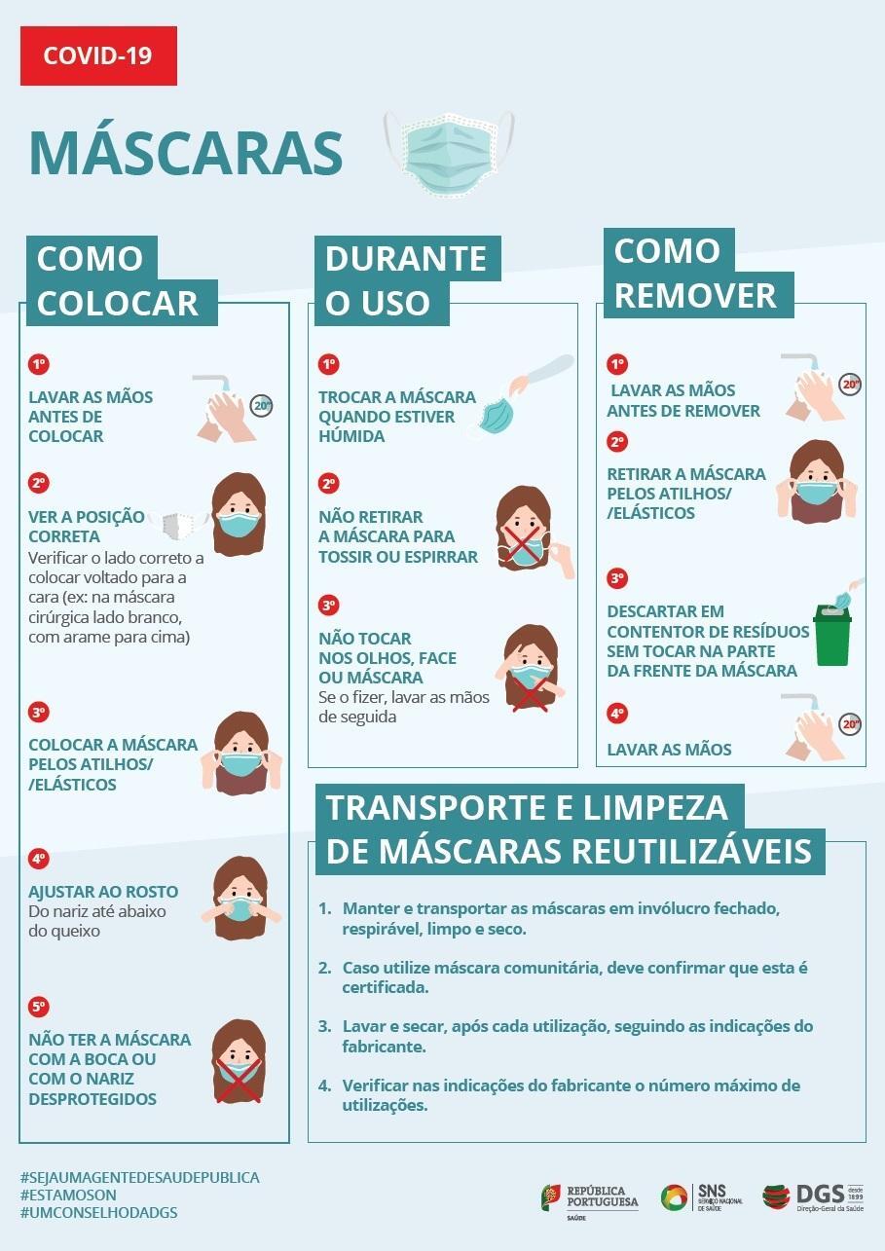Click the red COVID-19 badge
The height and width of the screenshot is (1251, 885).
tap(99, 55)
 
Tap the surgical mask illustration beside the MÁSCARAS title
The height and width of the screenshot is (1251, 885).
tap(449, 154)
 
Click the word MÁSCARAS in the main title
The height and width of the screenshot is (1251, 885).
tap(186, 152)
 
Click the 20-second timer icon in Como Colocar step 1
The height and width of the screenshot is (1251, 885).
tap(261, 405)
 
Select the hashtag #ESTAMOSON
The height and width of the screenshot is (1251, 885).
tap(69, 1195)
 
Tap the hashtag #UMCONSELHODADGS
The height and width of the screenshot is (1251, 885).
tap(99, 1212)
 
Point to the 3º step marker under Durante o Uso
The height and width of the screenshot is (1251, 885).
tap(329, 605)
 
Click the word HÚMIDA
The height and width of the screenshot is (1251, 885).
tap(351, 436)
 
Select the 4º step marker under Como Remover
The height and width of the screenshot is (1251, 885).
tap(617, 714)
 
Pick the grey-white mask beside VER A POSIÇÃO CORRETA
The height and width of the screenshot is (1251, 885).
tap(177, 525)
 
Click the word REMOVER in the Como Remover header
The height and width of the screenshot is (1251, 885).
tap(696, 295)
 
